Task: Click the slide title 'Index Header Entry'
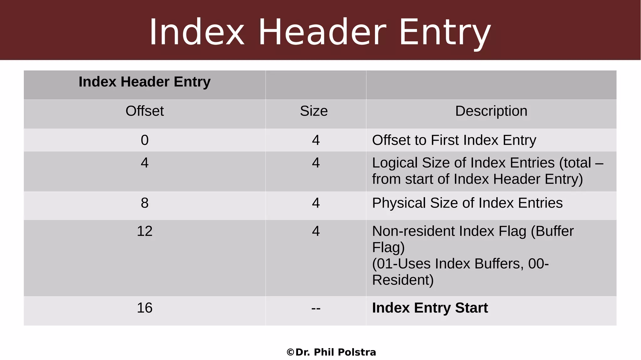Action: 320,32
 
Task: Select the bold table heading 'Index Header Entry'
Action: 145,82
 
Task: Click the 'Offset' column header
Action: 145,111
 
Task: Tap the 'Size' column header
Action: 314,111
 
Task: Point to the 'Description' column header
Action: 491,111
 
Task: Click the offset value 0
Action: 145,140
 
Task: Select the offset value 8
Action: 145,203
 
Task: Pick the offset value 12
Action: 145,231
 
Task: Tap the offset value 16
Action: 145,308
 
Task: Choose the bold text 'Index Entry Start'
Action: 430,308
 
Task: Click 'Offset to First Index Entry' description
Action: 454,140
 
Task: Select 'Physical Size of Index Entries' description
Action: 467,203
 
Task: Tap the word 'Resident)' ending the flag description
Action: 403,280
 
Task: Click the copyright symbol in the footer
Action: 290,352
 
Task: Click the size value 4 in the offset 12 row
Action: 316,231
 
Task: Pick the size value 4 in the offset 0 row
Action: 316,140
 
